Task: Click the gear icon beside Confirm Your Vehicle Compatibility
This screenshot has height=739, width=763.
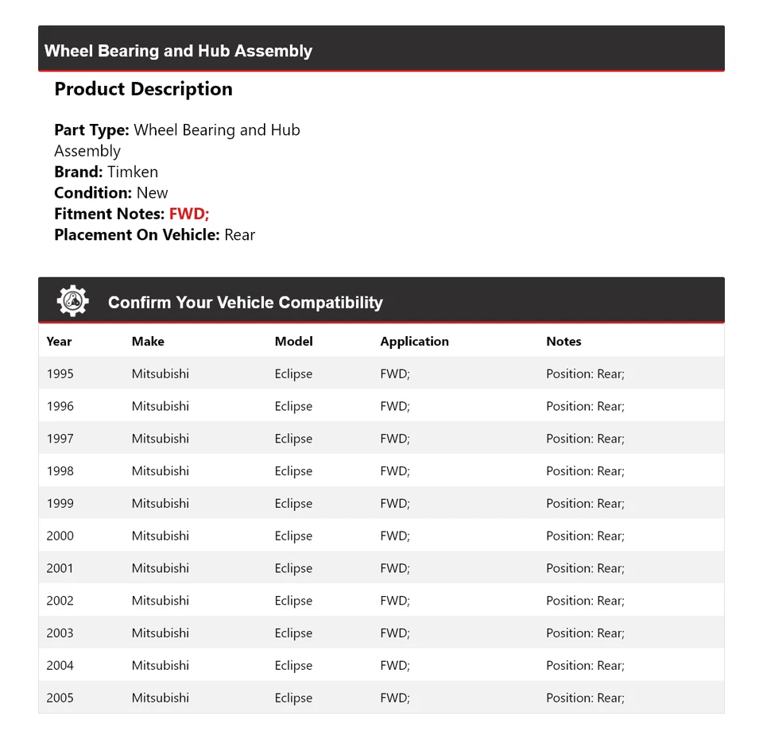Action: pyautogui.click(x=72, y=301)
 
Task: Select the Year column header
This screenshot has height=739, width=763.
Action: pyautogui.click(x=59, y=342)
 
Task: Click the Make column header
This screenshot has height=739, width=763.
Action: pyautogui.click(x=148, y=342)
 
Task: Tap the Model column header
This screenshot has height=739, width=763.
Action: pyautogui.click(x=293, y=342)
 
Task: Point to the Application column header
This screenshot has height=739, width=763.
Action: pyautogui.click(x=414, y=342)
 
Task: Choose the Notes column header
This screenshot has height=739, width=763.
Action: pyautogui.click(x=564, y=342)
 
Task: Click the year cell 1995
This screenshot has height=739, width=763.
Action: pyautogui.click(x=60, y=373)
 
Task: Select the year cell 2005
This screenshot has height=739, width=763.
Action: pyautogui.click(x=60, y=698)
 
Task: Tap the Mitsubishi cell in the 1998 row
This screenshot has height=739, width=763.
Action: pyautogui.click(x=161, y=471)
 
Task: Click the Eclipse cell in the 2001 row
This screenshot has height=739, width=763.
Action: pyautogui.click(x=293, y=568)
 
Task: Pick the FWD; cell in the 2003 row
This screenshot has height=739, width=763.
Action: pyautogui.click(x=395, y=633)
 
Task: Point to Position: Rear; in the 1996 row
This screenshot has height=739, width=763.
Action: pyautogui.click(x=585, y=406)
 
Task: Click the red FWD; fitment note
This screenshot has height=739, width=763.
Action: pyautogui.click(x=189, y=214)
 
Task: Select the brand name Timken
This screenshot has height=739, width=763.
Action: pyautogui.click(x=133, y=172)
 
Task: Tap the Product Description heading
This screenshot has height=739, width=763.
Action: pyautogui.click(x=143, y=89)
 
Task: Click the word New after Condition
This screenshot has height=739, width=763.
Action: pyautogui.click(x=152, y=193)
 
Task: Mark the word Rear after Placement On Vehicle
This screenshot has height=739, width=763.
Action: pyautogui.click(x=239, y=234)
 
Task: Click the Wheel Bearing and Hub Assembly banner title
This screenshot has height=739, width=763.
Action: pyautogui.click(x=178, y=51)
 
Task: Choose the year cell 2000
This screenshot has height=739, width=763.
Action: pyautogui.click(x=60, y=536)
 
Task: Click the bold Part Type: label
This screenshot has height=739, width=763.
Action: pyautogui.click(x=91, y=130)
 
